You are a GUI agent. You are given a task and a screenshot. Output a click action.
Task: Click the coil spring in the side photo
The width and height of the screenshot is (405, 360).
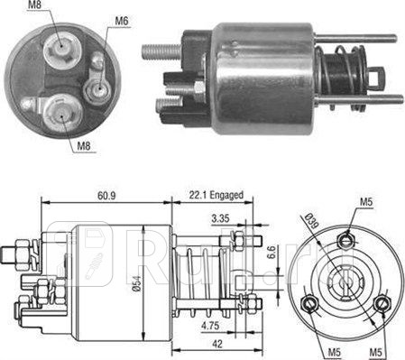point(336,69)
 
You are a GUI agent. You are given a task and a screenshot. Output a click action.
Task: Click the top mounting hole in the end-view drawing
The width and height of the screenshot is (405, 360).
point(346,239)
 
